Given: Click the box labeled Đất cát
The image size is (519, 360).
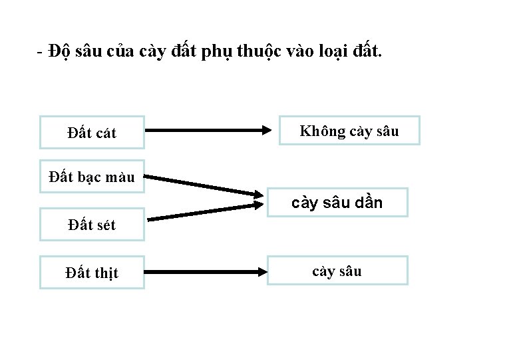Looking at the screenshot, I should click(92, 133).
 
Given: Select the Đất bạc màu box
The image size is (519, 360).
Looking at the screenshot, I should click(92, 177).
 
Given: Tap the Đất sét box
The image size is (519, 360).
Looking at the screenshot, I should click(92, 225).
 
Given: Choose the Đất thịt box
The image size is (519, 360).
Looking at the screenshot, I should click(92, 273).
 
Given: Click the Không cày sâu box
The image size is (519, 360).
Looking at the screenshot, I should click(349, 131).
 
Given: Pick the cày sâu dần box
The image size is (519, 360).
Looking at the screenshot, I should click(337, 203).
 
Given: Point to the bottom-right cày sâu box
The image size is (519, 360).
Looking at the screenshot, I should click(337, 271).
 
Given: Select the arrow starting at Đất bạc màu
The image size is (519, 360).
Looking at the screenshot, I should click(204, 185).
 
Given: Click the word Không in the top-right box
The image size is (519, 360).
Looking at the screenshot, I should click(319, 131).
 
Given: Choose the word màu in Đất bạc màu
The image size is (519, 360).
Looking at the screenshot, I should click(120, 177).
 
